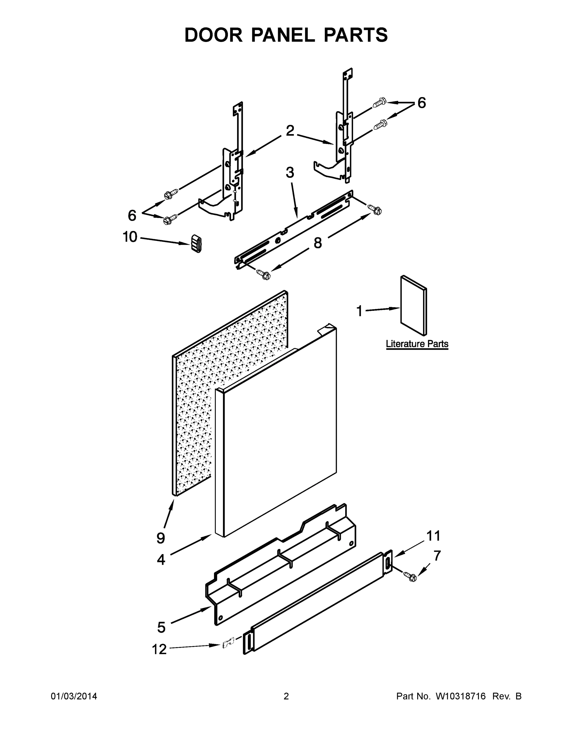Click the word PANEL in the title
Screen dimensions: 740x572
283,35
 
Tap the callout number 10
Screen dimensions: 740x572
130,237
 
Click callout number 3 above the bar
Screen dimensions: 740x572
290,172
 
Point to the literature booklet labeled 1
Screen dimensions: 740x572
414,305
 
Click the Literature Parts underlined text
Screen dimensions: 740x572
417,344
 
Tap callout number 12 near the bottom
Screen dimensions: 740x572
159,650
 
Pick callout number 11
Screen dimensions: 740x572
433,536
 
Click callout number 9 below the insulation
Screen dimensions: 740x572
161,538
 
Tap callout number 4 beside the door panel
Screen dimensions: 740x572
161,559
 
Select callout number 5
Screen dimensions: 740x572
161,627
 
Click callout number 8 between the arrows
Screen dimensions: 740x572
318,243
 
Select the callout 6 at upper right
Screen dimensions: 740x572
421,103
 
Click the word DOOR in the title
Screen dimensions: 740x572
213,35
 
